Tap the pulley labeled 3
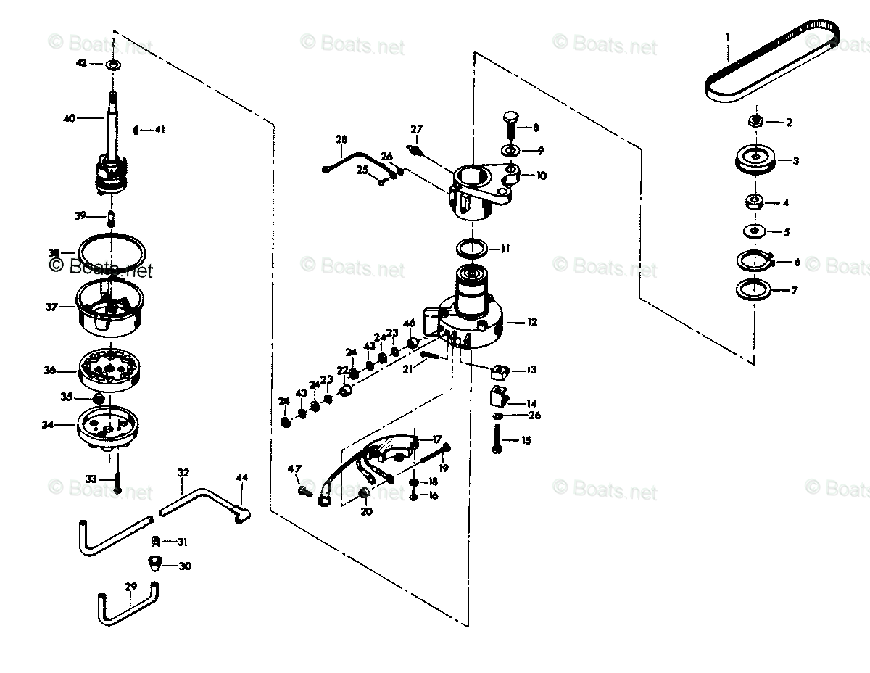(755, 160)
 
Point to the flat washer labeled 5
(755, 231)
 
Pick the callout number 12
(532, 322)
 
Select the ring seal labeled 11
(472, 249)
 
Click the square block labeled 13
(499, 371)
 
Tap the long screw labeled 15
(497, 439)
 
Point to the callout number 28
(342, 139)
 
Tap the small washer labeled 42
(112, 65)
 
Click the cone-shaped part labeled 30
(154, 563)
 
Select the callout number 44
(241, 477)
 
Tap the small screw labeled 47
(304, 491)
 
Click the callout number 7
(794, 291)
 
